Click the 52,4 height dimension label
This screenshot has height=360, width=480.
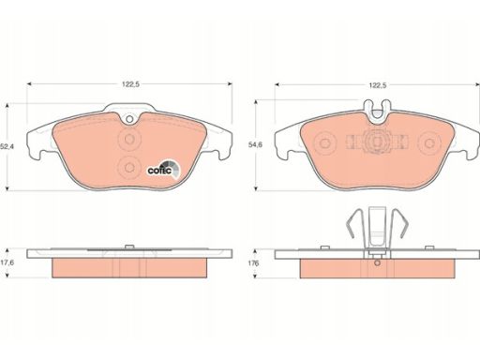coord(6,146)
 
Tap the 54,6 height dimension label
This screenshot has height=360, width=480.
coord(255,144)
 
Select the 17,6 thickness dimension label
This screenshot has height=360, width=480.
coord(7,262)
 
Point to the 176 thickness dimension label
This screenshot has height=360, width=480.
coord(253,263)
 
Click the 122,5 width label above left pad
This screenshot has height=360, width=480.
coord(130,84)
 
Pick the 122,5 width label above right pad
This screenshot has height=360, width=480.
coord(378,85)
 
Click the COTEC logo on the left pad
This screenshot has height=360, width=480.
coord(164,170)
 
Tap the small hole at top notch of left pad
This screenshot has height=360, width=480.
coord(129,119)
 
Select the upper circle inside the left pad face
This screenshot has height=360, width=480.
coord(129,139)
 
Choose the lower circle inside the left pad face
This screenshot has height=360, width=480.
coord(129,167)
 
